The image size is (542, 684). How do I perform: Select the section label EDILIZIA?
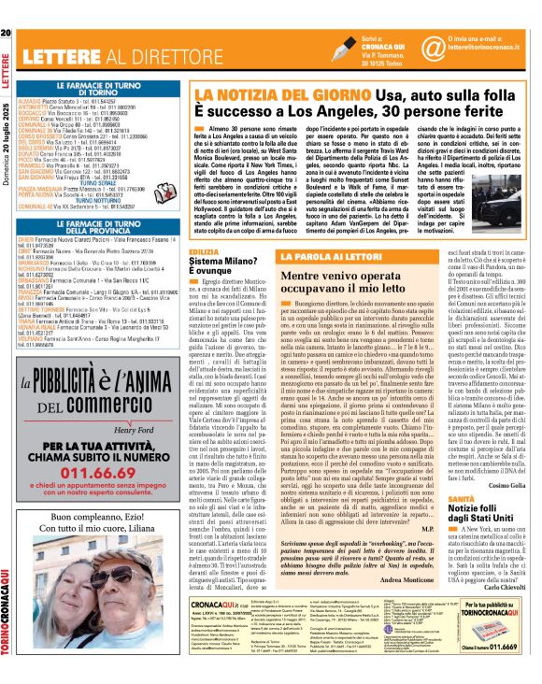click(204, 253)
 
